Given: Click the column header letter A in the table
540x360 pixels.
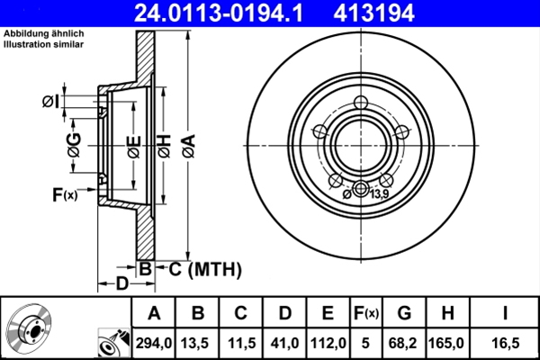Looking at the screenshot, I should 154,312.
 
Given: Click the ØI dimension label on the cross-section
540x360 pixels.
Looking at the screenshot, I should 50,101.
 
